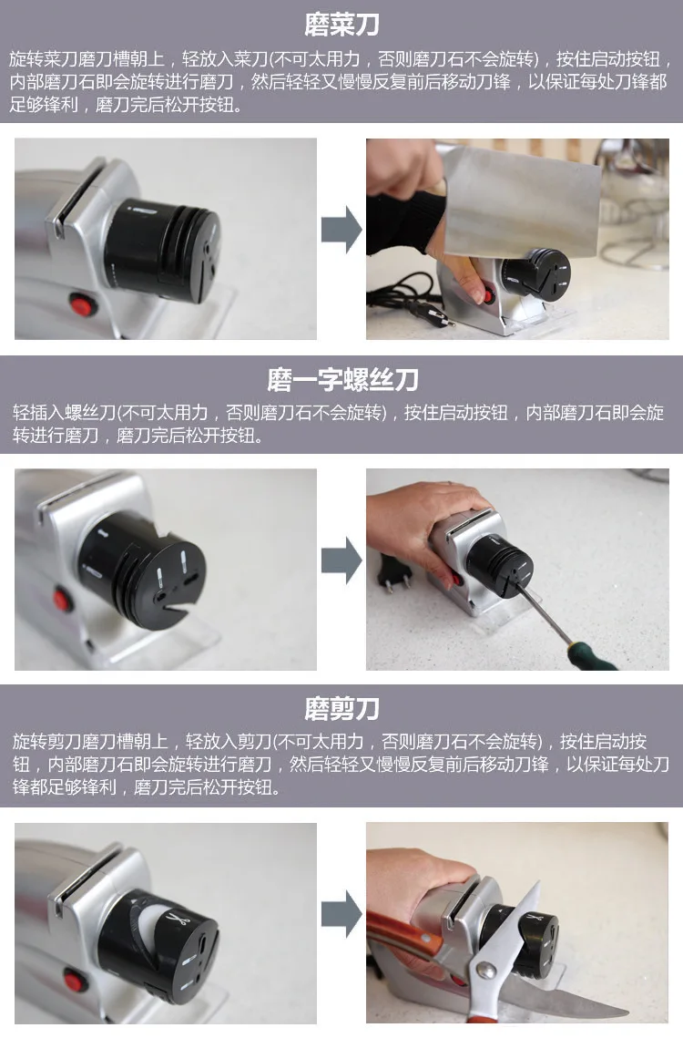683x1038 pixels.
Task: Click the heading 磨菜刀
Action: coord(341,23)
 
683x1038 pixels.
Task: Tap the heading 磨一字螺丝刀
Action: coord(341,378)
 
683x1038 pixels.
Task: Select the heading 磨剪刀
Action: coord(341,708)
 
